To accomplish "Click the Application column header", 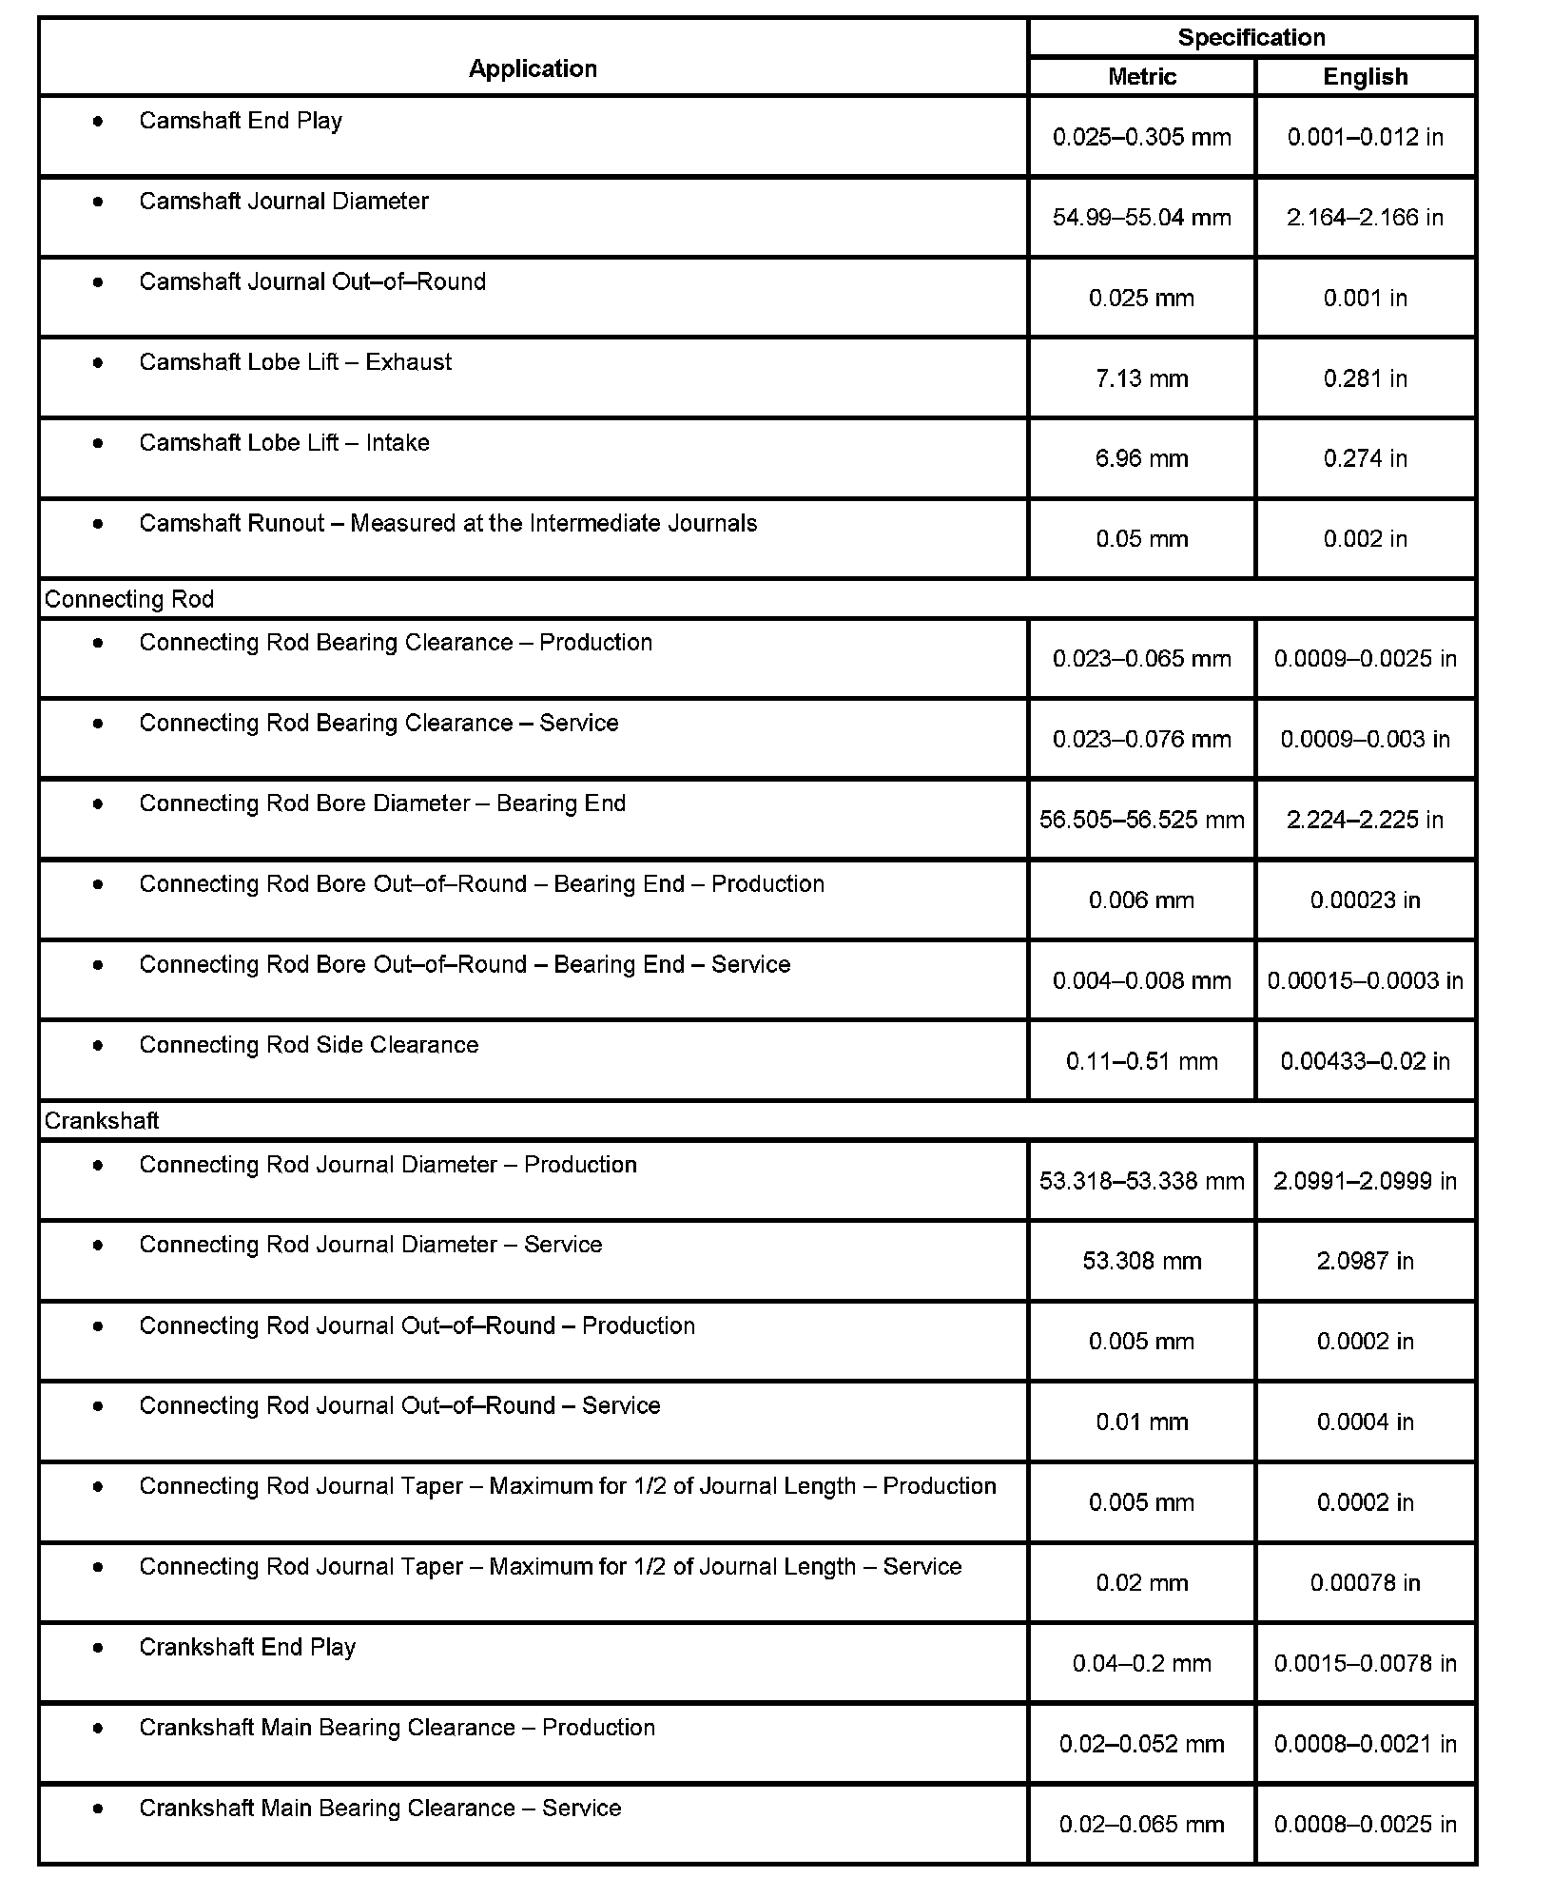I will click(x=533, y=68).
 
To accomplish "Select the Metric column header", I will click(x=1141, y=77).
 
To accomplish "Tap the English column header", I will click(x=1365, y=77).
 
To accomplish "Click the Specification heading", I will click(x=1251, y=38).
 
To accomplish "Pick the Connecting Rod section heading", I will click(x=129, y=599).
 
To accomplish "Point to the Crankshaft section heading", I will click(x=102, y=1121).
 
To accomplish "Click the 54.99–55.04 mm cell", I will click(x=1141, y=218).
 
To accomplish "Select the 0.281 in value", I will click(x=1365, y=378).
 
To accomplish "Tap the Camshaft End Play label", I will click(x=241, y=121).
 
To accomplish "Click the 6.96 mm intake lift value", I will click(x=1141, y=459).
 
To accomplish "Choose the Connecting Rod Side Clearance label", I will click(x=309, y=1045).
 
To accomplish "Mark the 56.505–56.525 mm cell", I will click(x=1141, y=820).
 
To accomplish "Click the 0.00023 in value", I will click(x=1365, y=900).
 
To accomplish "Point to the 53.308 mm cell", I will click(x=1141, y=1261).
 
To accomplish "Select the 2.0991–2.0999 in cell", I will click(x=1365, y=1181).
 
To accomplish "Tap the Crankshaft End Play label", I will click(x=247, y=1647).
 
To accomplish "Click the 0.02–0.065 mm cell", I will click(x=1141, y=1825).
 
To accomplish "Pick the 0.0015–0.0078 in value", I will click(x=1365, y=1663).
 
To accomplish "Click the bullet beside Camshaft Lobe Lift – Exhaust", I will click(x=98, y=362).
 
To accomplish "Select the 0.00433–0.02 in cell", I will click(x=1365, y=1061).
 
